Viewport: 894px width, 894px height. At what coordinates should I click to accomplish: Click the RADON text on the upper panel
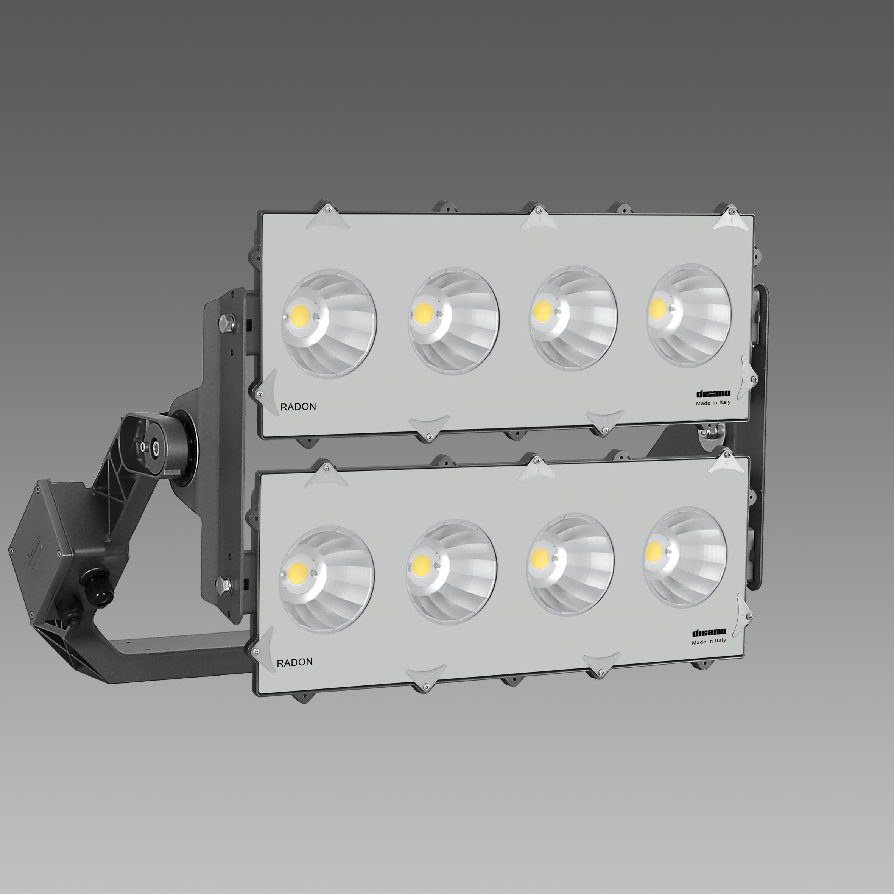(x=298, y=407)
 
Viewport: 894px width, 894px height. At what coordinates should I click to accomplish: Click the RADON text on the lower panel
(x=294, y=662)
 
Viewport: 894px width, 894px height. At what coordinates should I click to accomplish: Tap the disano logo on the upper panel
(x=713, y=394)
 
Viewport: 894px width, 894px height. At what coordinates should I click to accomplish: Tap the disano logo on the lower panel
(x=709, y=632)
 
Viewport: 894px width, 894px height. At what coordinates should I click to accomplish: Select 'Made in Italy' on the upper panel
(x=713, y=403)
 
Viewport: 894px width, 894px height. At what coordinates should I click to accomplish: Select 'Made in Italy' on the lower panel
(x=709, y=641)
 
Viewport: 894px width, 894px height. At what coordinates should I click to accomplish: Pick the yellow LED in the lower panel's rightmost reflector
(x=653, y=550)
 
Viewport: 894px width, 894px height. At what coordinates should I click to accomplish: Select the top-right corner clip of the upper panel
(x=730, y=218)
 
